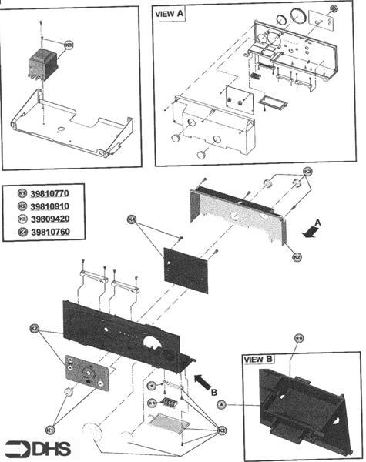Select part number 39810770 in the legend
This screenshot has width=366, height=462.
click(x=49, y=194)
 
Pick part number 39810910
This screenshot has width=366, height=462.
click(x=49, y=207)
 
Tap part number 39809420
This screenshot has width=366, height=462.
click(x=49, y=219)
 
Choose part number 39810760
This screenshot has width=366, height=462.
click(x=49, y=233)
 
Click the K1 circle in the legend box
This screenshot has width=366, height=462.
click(x=22, y=194)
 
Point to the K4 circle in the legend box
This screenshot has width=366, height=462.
click(x=22, y=233)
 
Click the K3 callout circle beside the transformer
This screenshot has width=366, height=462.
click(x=69, y=45)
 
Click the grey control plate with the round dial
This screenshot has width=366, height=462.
click(x=86, y=373)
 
